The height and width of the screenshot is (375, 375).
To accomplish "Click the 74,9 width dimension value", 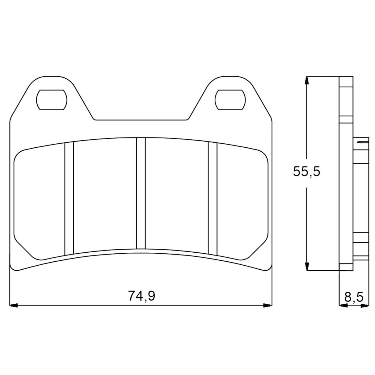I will pos(141,296).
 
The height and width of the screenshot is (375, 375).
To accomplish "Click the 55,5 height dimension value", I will pos(306,171).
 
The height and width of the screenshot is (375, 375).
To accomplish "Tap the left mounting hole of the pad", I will pos(52,100).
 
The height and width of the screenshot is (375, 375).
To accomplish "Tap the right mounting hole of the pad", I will pos(230,100).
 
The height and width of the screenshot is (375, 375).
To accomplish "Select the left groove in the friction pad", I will pos(69,198).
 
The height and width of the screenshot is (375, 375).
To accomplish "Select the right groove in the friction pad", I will pos(213,198).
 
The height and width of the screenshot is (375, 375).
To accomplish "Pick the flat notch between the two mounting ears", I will pos(141,120).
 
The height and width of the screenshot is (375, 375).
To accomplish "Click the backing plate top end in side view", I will pos(346,82).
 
